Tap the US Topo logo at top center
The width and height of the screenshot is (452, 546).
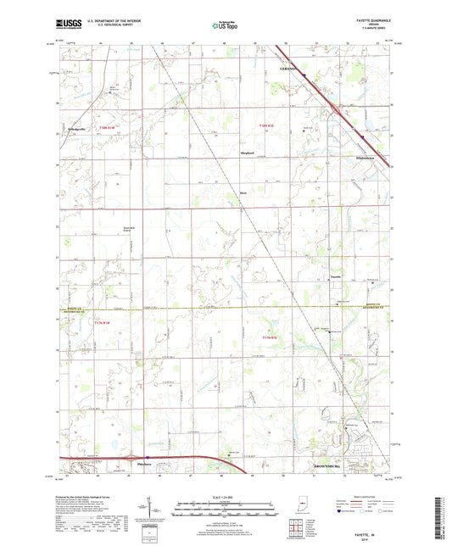click(223, 26)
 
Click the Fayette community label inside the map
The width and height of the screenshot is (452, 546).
click(335, 276)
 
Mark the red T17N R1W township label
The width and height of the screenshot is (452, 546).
click(103, 324)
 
